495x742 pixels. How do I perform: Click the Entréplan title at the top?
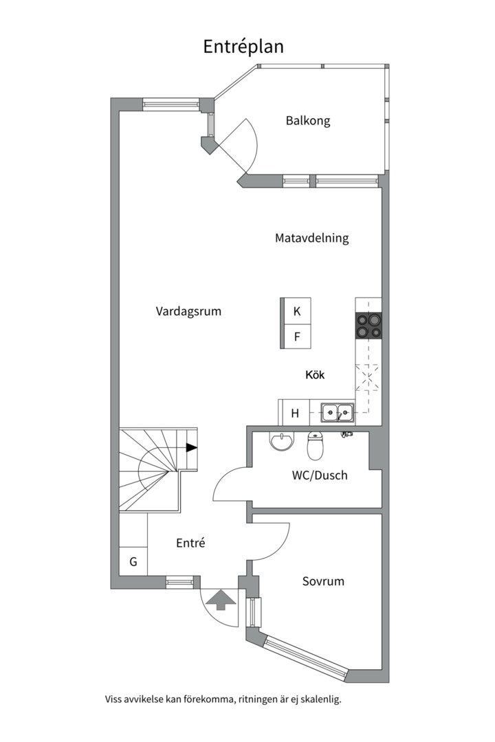point(243,46)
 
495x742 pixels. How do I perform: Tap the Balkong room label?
point(308,121)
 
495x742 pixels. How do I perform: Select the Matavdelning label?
point(311,238)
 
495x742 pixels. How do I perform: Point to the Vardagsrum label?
point(188,311)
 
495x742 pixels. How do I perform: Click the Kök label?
point(315,375)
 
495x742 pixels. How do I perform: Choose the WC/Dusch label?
point(320,475)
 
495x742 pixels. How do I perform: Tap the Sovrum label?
point(323,581)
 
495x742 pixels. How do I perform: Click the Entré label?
point(190,543)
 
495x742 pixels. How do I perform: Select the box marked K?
point(296,311)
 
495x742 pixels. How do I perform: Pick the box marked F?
point(296,337)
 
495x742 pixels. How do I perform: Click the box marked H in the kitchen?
point(295,413)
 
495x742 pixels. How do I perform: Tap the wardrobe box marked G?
point(133,562)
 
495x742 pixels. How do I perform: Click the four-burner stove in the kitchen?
point(368,326)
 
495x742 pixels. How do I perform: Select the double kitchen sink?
point(337,413)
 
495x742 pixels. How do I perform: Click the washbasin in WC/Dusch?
point(281,440)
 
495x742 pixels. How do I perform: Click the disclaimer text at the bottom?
point(223,699)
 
